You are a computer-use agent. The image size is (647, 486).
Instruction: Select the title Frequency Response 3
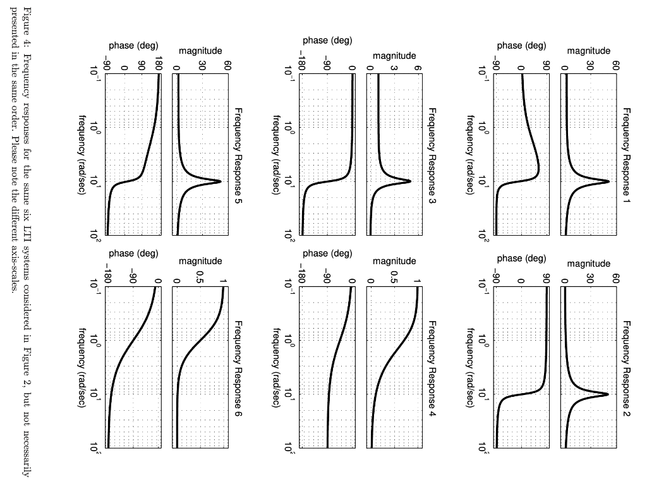pyautogui.click(x=432, y=155)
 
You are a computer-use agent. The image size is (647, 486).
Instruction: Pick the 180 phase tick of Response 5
pyautogui.click(x=159, y=63)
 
